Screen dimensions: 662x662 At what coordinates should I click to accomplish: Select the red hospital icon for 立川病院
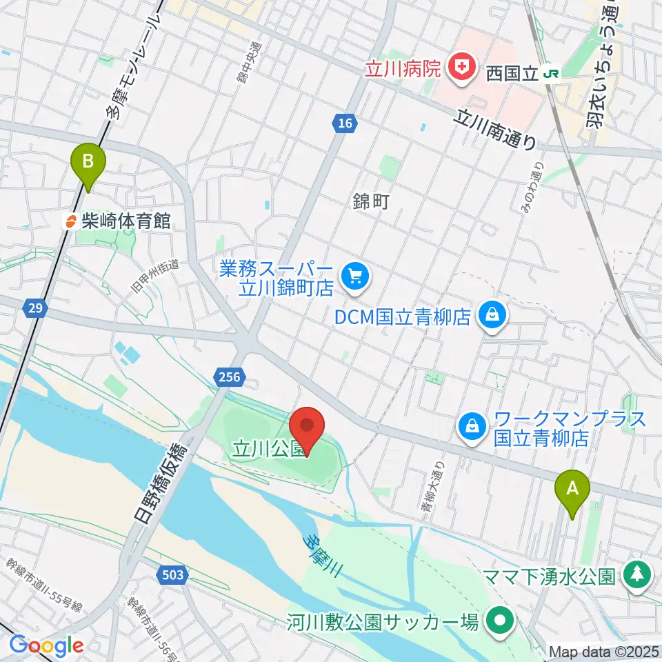pyautogui.click(x=461, y=67)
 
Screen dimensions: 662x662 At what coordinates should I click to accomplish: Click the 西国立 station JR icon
pyautogui.click(x=551, y=73)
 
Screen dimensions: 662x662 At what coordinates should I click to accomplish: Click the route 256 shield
pyautogui.click(x=231, y=377)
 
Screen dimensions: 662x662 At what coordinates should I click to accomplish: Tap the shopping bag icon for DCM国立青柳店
pyautogui.click(x=494, y=316)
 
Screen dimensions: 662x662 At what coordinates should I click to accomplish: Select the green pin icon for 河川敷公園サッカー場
pyautogui.click(x=499, y=622)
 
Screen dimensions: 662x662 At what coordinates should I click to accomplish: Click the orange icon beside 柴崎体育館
pyautogui.click(x=70, y=221)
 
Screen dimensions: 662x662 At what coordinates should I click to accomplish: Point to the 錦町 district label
pyautogui.click(x=372, y=201)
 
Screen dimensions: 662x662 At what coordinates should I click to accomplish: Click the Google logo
pyautogui.click(x=46, y=645)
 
